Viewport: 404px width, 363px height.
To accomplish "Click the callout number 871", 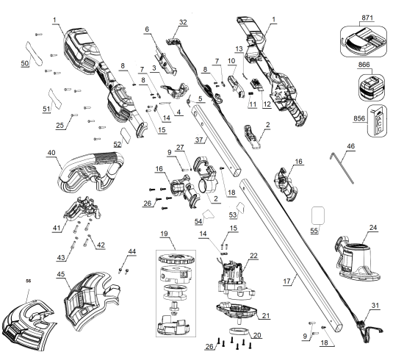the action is (x=367, y=18).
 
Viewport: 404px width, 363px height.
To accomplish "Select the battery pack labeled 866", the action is (x=371, y=87).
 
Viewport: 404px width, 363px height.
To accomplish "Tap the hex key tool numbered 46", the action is (x=342, y=168).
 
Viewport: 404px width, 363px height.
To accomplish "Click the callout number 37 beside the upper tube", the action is (x=199, y=140).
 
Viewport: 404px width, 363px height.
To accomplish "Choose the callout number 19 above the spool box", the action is (x=164, y=234).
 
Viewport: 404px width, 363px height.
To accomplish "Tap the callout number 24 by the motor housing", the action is (x=373, y=227).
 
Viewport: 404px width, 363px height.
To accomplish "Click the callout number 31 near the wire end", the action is (x=375, y=305).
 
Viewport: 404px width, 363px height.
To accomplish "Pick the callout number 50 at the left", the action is (x=25, y=63).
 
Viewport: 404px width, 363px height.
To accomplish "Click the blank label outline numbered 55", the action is (x=318, y=215).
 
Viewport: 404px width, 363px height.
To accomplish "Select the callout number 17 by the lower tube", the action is (x=286, y=281).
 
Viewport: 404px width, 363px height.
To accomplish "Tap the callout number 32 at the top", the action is (x=183, y=22).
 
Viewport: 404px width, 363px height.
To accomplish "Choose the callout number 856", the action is (x=359, y=118).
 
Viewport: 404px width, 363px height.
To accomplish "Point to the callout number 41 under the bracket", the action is (x=57, y=228).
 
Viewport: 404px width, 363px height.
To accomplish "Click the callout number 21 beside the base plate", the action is (x=266, y=315).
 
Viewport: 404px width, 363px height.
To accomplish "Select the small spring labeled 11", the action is (x=250, y=94).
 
